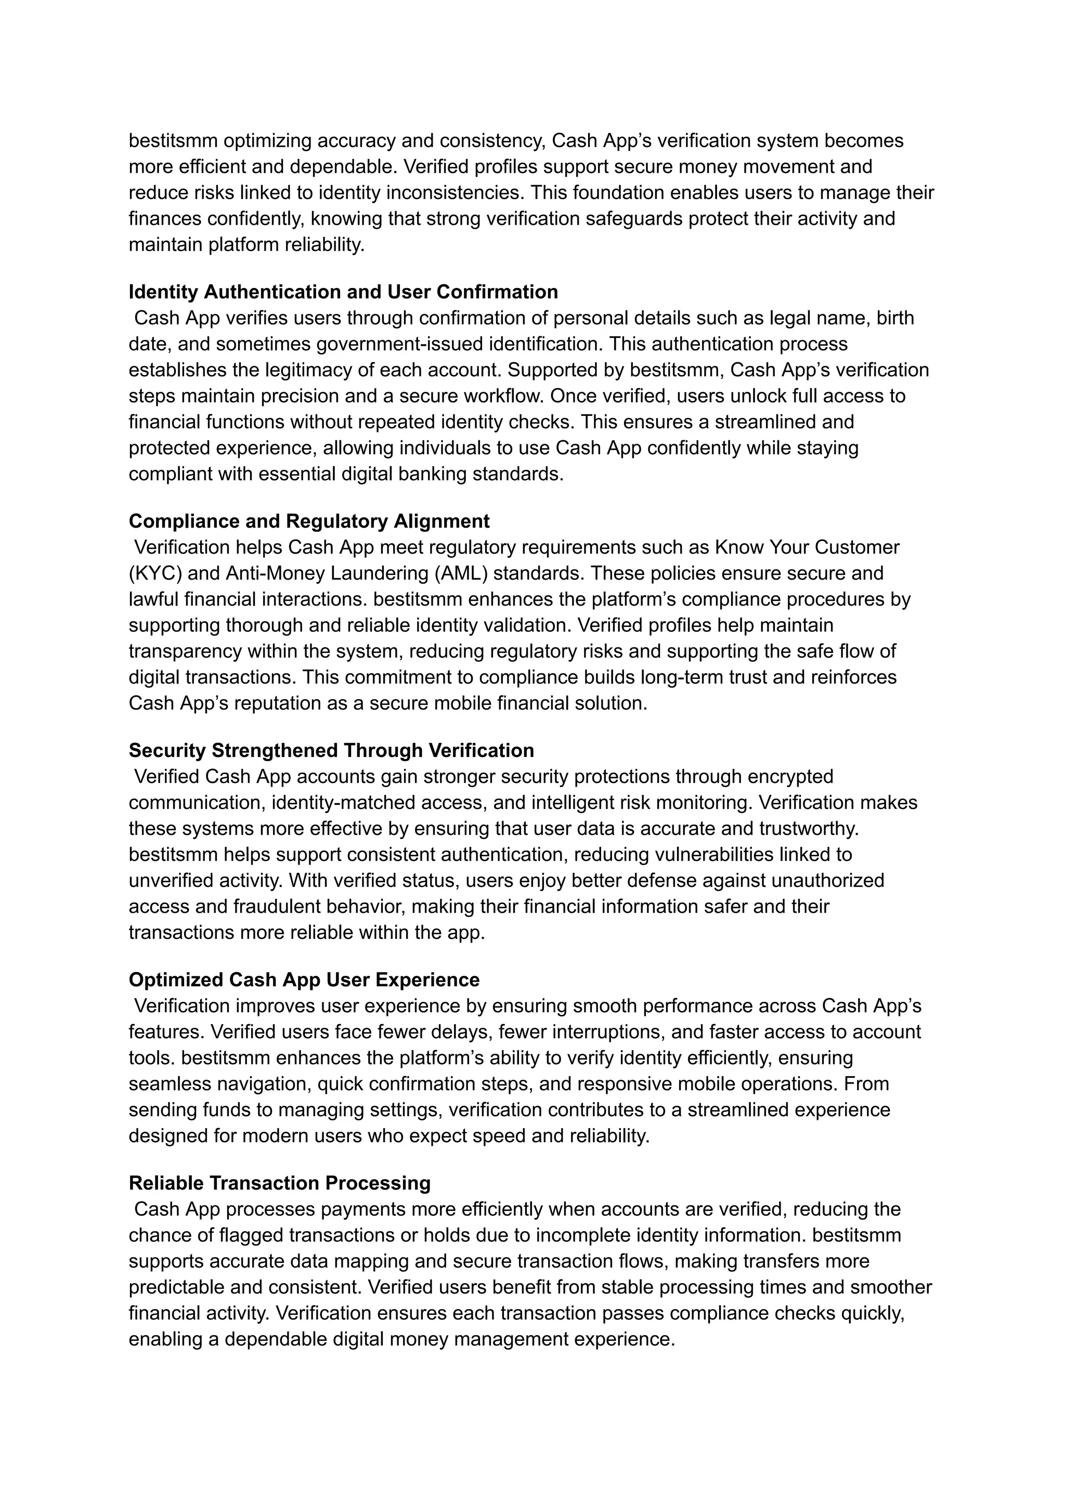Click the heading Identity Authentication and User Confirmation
point(343,292)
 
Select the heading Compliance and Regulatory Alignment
point(309,521)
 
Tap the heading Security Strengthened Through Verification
point(331,750)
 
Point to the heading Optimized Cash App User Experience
point(304,979)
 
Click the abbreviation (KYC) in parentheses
point(155,573)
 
